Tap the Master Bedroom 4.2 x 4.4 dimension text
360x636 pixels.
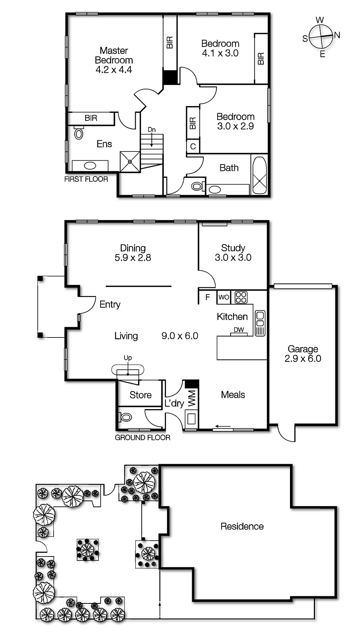(114, 70)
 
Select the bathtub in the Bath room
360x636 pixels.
(259, 175)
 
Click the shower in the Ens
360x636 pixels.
(130, 161)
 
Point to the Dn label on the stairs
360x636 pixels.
(152, 130)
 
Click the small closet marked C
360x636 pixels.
(193, 146)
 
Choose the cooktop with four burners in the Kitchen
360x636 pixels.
(241, 297)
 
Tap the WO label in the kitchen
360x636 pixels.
(224, 297)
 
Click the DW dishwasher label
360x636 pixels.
(239, 330)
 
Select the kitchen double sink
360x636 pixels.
(260, 323)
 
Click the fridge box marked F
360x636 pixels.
(208, 297)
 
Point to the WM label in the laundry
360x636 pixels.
(192, 399)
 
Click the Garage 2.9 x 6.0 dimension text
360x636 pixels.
(303, 359)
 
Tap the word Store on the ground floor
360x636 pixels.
(140, 395)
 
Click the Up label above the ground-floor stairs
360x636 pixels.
(128, 358)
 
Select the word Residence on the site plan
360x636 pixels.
(242, 526)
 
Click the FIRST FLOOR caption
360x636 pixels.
(86, 179)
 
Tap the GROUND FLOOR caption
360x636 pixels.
(142, 438)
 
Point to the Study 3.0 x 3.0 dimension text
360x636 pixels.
(233, 258)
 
